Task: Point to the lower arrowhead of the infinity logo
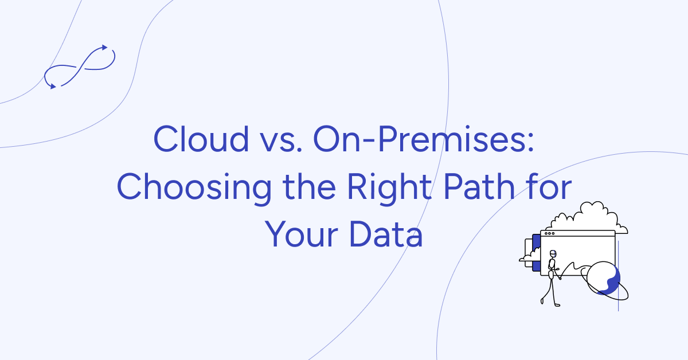click(x=53, y=86)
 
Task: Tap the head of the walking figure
click(x=553, y=254)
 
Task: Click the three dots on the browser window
click(x=549, y=233)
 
